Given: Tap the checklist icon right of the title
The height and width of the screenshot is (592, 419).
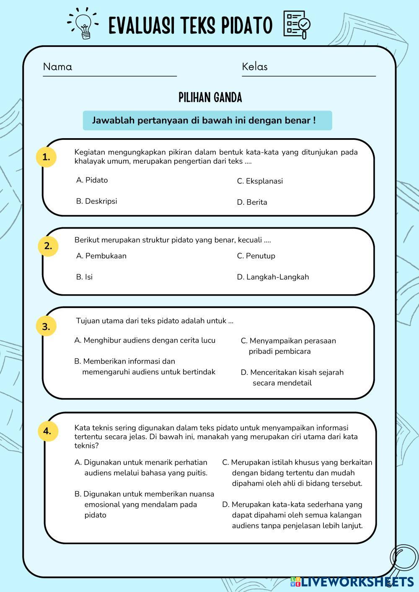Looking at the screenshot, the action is click(297, 25).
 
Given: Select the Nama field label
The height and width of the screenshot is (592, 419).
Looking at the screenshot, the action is click(57, 67).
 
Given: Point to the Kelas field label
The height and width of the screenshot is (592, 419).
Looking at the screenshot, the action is click(254, 67).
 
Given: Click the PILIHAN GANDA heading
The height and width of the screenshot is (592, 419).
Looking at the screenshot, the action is click(210, 98).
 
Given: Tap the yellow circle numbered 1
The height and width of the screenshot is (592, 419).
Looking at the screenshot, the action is click(46, 157).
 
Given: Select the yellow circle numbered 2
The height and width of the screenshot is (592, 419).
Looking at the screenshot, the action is click(48, 246).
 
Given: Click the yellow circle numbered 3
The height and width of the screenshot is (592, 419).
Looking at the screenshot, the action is click(46, 326).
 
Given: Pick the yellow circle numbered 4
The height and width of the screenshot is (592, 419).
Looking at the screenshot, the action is click(47, 431).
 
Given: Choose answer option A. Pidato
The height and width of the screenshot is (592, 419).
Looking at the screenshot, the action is click(92, 180).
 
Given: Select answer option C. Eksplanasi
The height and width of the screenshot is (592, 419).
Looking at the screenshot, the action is click(260, 181).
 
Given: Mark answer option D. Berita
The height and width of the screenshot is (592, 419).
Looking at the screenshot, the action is click(252, 202).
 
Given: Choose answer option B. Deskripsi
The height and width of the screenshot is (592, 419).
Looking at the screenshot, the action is click(96, 201).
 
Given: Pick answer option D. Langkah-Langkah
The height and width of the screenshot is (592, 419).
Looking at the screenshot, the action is click(273, 277).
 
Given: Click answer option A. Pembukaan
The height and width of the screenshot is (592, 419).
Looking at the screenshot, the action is click(101, 256).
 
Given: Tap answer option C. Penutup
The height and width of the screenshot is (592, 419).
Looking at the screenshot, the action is click(256, 256).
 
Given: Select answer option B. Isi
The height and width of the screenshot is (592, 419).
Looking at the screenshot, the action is click(84, 277).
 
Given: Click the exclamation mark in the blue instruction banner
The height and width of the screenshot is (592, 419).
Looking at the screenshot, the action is click(314, 120).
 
